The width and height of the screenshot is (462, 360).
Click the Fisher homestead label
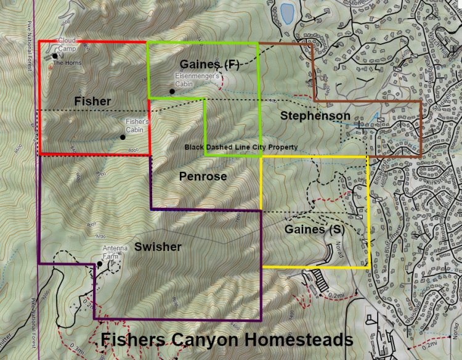tap(92, 100)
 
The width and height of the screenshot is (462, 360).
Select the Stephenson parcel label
tap(315, 116)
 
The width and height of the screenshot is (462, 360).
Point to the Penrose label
tap(203, 176)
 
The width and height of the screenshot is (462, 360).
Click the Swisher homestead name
tap(158, 247)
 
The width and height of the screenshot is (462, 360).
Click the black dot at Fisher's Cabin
tap(123, 137)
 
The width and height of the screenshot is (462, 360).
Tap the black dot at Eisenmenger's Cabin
tap(172, 92)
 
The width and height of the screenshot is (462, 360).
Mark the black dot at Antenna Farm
tap(99, 264)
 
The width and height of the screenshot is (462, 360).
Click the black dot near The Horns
tap(55, 56)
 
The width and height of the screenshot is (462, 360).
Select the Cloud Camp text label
tap(67, 44)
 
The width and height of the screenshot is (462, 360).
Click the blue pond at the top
tap(286, 12)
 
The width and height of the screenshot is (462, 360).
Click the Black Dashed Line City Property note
tap(241, 147)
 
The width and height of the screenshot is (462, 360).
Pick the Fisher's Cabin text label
tap(137, 126)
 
